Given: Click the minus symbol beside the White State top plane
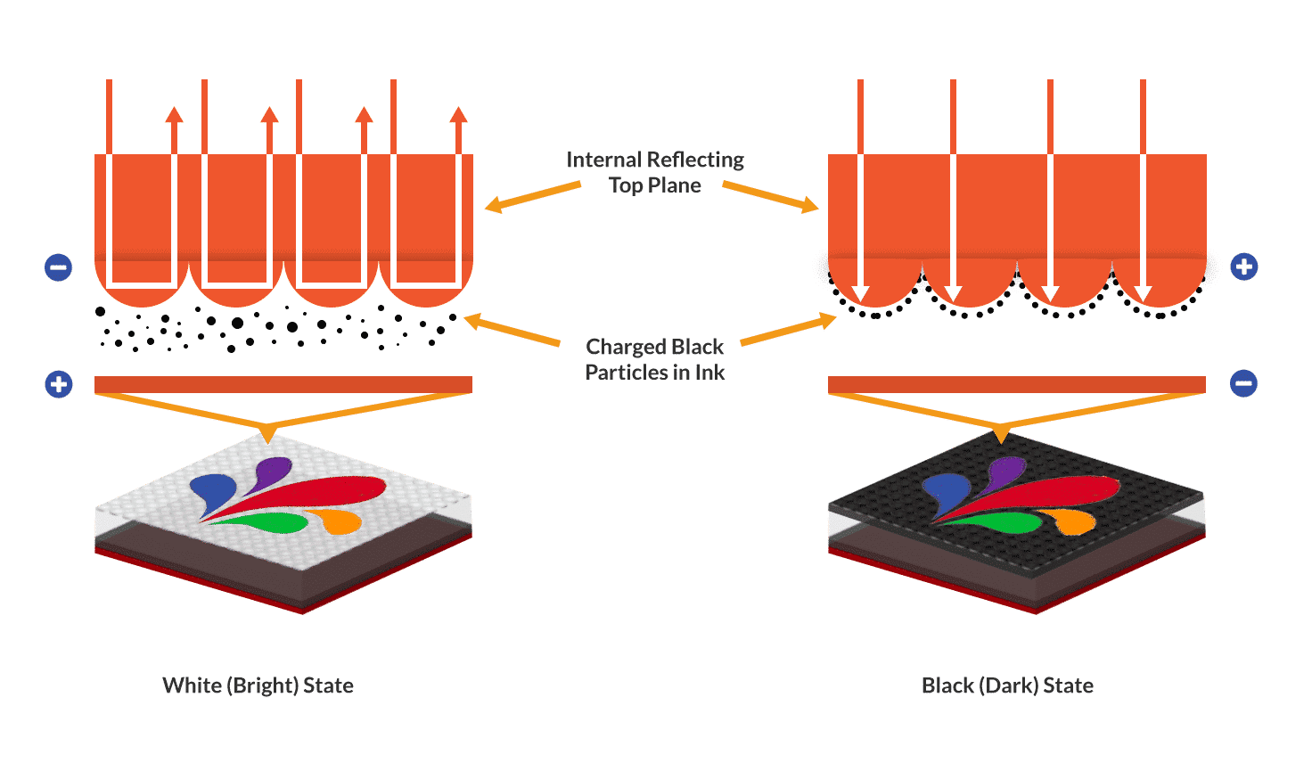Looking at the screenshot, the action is point(59,267).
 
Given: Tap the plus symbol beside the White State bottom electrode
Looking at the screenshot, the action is point(59,384).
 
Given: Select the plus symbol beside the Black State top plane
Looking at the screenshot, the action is point(1244,267).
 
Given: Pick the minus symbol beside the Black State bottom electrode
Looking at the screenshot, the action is point(1243,383).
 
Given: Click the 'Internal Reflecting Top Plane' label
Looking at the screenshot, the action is point(655,172).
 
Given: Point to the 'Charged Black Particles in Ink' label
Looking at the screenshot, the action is point(655,359).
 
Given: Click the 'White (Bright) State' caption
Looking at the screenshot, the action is point(258,685).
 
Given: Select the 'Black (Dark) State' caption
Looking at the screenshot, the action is point(1007,685).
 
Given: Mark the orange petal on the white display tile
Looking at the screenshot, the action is point(340,520).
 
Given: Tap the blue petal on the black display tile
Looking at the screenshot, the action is point(946,491).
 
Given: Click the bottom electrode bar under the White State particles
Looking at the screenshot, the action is point(283,384).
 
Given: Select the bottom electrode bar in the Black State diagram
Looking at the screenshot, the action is point(1017,384).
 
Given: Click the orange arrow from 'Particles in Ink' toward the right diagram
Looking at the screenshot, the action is point(789,329).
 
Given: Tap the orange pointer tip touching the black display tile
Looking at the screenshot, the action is point(1002,437).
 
